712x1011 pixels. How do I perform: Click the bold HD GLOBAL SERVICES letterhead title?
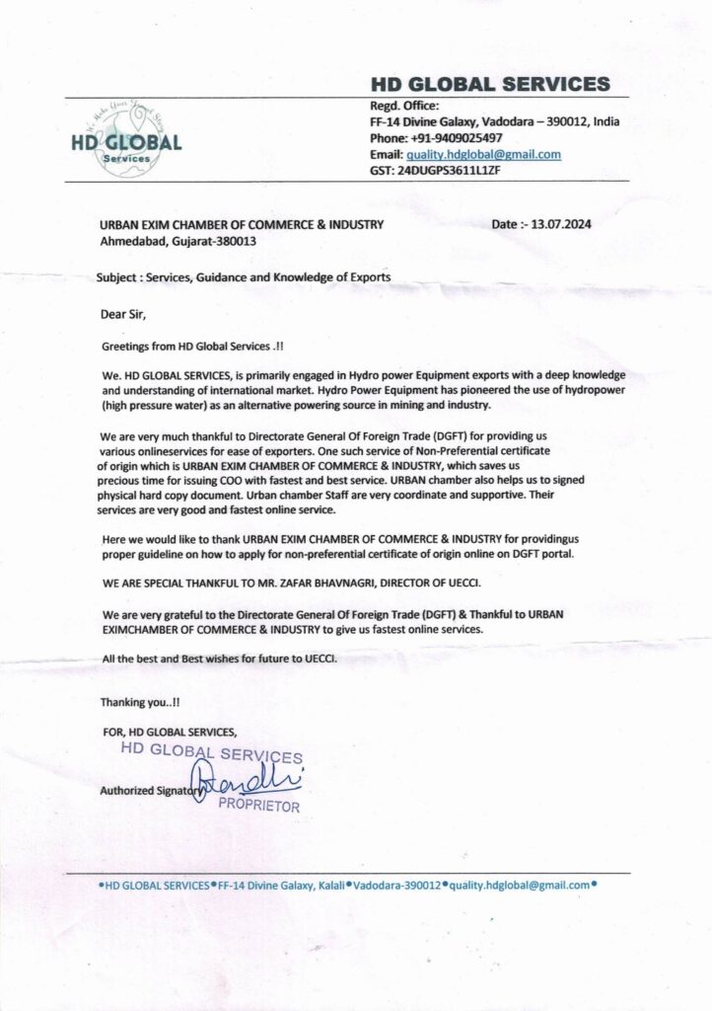(489, 84)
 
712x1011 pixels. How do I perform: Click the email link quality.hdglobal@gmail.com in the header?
(483, 154)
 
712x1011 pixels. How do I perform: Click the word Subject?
(117, 277)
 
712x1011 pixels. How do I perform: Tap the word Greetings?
(130, 348)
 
